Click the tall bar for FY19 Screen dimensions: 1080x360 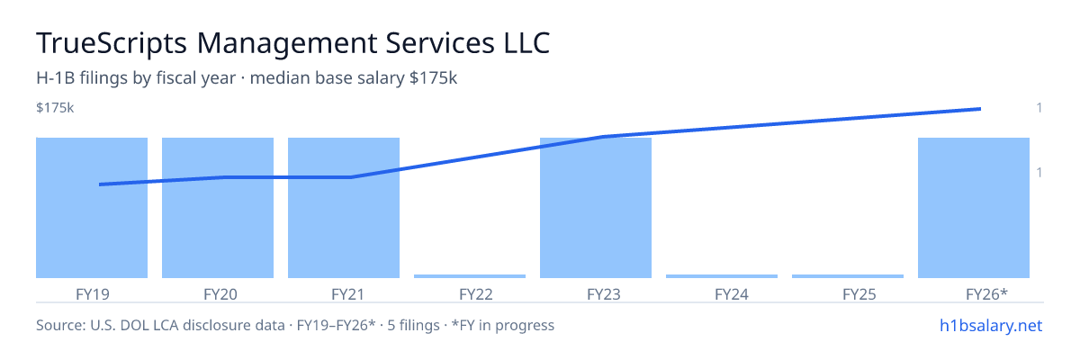(x=92, y=208)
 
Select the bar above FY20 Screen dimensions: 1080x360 (x=218, y=208)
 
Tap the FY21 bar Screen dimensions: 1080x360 (x=344, y=208)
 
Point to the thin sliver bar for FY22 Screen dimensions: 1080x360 (x=470, y=276)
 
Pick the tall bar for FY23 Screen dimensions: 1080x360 (x=596, y=208)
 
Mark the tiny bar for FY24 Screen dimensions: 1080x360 (x=722, y=276)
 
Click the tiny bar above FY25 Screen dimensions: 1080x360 (x=848, y=276)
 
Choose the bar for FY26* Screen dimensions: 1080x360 (x=974, y=208)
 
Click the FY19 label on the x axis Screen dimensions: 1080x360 (x=93, y=294)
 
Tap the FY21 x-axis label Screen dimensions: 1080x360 (x=348, y=294)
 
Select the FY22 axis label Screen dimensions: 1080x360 (x=476, y=294)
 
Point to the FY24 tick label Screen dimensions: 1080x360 (x=732, y=294)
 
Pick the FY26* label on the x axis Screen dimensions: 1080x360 (x=987, y=294)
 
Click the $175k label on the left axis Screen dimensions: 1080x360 (x=55, y=108)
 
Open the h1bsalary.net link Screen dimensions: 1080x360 (x=991, y=325)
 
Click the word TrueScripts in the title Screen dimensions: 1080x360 (x=112, y=43)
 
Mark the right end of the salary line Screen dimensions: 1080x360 (x=980, y=109)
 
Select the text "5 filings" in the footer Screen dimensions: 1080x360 (x=413, y=325)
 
